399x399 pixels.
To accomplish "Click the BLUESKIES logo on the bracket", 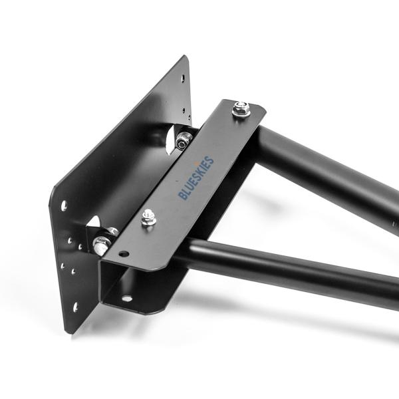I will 196,178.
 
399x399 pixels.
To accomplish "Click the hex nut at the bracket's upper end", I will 241,108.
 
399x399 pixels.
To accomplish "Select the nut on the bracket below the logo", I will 148,217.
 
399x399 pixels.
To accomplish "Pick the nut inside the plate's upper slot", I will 183,140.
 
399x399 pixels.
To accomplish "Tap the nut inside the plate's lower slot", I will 102,244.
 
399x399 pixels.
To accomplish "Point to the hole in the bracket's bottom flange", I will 126,299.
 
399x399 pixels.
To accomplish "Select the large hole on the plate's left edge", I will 64,205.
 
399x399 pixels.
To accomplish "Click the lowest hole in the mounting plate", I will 74,307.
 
